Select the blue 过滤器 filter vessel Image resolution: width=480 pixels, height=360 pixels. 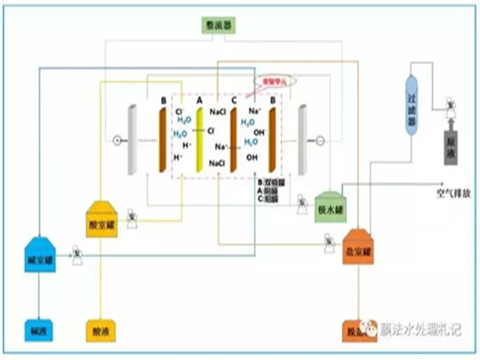click(x=413, y=100)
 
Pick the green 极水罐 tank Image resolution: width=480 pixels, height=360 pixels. click(x=329, y=206)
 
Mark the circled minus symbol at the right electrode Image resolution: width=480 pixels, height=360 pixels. click(x=321, y=141)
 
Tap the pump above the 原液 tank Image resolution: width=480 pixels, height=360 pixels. click(x=451, y=105)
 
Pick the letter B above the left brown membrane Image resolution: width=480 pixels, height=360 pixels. click(x=163, y=101)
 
